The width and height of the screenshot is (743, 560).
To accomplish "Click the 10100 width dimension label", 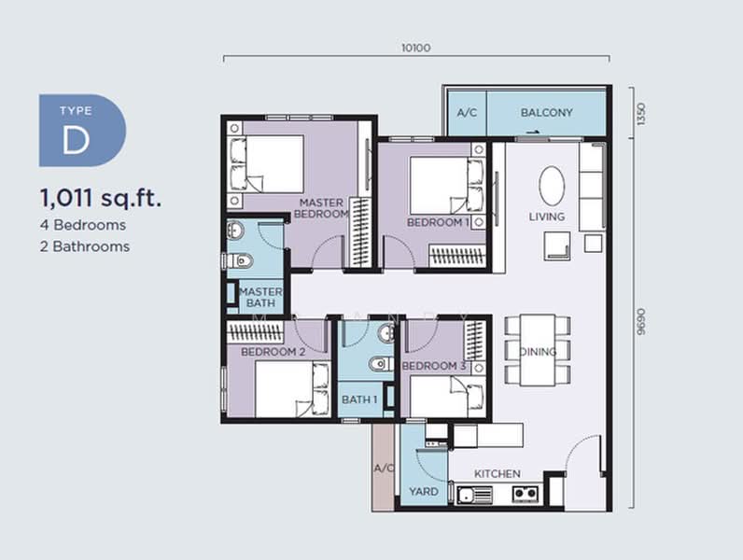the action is pos(415,48).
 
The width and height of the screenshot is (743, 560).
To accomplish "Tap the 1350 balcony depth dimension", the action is pos(640,114).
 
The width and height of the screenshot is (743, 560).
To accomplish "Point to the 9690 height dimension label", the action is pos(640,322).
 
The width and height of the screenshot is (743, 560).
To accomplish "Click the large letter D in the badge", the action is pos(76,140).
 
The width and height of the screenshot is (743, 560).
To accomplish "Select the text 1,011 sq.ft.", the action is pos(101,198).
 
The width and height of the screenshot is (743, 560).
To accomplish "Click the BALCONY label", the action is pos(546,113).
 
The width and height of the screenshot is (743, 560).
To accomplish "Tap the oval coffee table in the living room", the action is pos(552,185).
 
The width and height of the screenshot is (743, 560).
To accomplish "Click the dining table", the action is pos(538,350).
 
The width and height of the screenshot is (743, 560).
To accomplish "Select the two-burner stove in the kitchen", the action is pos(526,494).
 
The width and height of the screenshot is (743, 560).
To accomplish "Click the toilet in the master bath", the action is pos(239,260).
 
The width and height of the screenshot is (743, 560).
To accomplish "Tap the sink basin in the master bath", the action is pos(235,231).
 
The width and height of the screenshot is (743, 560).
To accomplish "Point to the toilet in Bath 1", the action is pos(381,364).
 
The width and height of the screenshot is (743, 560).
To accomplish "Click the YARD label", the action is pos(423,491).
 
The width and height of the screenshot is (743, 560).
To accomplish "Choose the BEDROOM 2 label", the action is pos(273,352).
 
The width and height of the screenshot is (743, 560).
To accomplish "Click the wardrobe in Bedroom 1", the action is pos(457,255).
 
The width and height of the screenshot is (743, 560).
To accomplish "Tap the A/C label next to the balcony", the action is pos(467,113).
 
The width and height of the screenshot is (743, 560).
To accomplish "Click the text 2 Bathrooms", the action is pos(85,246).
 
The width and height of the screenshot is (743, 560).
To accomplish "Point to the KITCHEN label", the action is pos(498,474).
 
